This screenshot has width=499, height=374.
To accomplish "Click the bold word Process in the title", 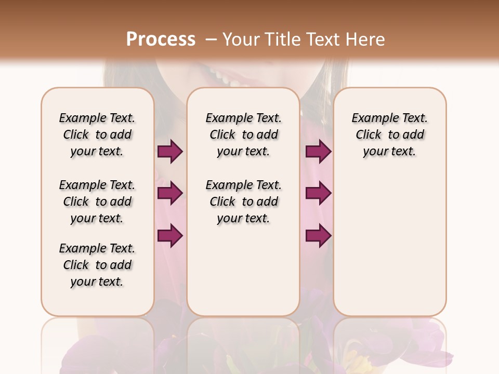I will click(x=161, y=39).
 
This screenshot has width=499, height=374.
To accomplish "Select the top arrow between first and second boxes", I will click(x=170, y=152).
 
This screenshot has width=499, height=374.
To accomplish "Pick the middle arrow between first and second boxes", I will click(x=170, y=193).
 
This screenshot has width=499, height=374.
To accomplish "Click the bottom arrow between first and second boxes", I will click(x=170, y=235).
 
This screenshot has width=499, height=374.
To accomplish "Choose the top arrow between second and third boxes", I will click(x=318, y=152).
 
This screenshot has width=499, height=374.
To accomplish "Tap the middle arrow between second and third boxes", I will click(x=318, y=193).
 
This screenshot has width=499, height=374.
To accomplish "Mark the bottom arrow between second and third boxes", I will click(x=318, y=235).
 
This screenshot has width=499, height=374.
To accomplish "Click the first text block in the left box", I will click(x=97, y=135).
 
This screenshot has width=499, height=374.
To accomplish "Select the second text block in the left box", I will click(x=97, y=202).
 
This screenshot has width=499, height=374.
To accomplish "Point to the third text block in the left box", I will click(x=97, y=265).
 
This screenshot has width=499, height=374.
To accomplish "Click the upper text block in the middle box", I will click(x=243, y=135).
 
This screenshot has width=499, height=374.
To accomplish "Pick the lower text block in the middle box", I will click(x=243, y=202).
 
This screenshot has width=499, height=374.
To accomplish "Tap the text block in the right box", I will click(x=389, y=135).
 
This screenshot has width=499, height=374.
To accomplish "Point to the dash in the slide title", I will click(x=211, y=39).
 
